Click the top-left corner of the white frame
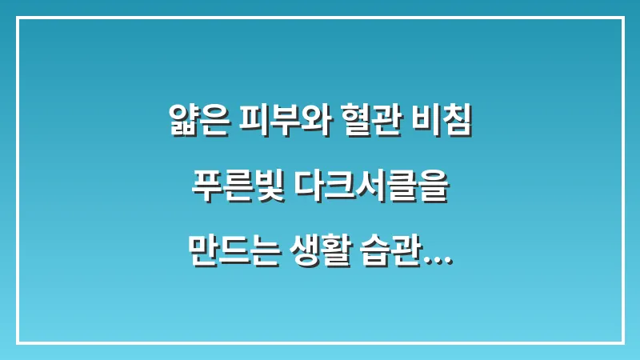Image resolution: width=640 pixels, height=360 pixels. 18,18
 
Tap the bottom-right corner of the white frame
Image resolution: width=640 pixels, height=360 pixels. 622,342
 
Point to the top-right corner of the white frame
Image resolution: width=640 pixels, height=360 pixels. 622,18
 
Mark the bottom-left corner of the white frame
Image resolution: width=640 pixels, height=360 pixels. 18,342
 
